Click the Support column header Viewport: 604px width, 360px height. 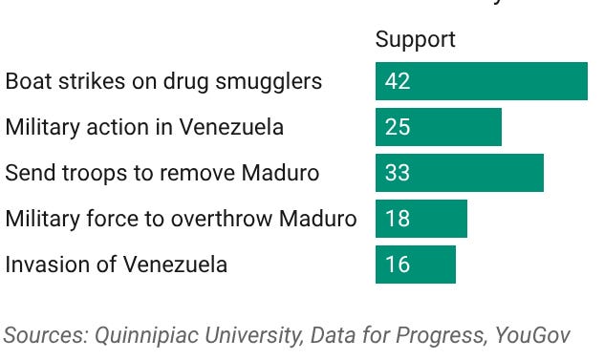pos(415,39)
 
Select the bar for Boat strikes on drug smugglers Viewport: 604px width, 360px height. pos(481,81)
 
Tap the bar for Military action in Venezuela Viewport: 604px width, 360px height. pos(438,127)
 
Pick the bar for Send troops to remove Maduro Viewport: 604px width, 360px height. pos(459,173)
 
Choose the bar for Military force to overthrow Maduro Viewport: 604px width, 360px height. pos(421,219)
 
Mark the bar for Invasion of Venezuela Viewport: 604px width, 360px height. pos(415,265)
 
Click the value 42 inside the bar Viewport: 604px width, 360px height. pos(398,81)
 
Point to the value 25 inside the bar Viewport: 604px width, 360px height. pos(398,127)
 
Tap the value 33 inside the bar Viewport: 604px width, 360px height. pos(398,173)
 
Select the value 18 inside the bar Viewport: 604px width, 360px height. pos(398,219)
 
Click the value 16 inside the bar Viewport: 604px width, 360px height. pos(398,265)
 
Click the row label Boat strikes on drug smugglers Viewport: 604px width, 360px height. pos(163,81)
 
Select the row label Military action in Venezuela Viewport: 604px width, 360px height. pos(144,127)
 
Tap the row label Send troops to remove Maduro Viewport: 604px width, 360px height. pos(162,173)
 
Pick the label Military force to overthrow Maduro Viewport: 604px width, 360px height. pos(181,219)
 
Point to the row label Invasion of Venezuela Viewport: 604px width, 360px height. pos(116,265)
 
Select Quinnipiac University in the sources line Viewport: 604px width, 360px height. pos(177,335)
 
